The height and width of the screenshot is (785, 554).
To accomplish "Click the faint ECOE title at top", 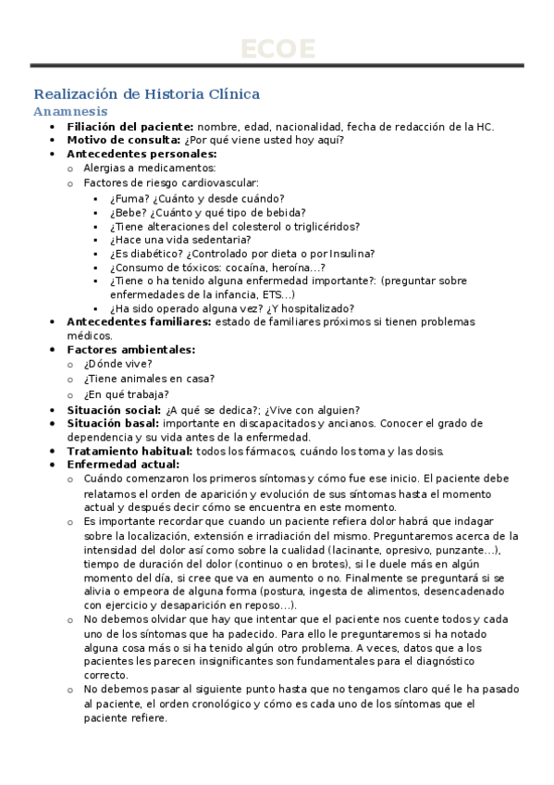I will click(x=277, y=48).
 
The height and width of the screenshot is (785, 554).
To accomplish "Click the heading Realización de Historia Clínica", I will click(x=146, y=94).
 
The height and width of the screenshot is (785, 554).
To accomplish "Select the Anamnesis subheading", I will click(x=69, y=111).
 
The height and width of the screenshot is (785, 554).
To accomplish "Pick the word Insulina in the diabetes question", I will click(x=352, y=253).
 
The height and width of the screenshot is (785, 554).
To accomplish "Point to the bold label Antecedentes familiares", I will click(x=139, y=321).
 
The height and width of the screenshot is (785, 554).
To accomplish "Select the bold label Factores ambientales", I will click(x=130, y=349).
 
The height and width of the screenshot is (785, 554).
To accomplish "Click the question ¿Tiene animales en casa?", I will click(x=149, y=378).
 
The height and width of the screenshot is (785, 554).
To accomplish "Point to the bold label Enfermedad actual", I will click(x=123, y=464).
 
